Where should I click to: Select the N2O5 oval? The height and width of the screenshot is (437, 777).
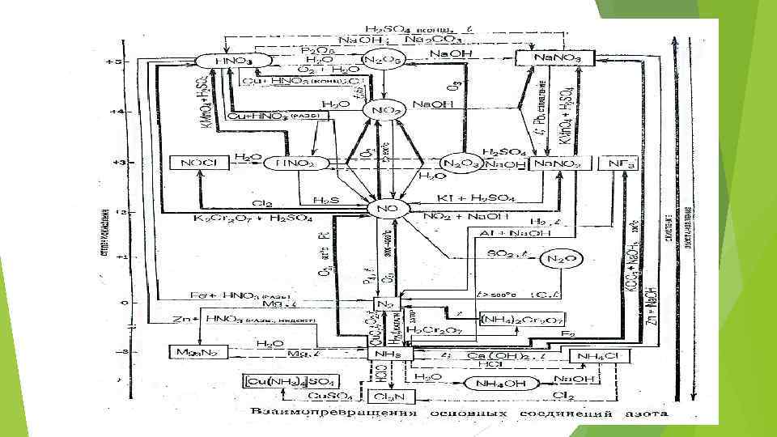(x=383, y=59)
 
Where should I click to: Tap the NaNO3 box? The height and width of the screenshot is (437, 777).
(x=554, y=58)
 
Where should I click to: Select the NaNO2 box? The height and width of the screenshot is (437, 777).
(x=557, y=163)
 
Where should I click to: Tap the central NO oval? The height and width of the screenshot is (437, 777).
(x=390, y=209)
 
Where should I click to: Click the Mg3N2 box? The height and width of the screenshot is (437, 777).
(x=190, y=352)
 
